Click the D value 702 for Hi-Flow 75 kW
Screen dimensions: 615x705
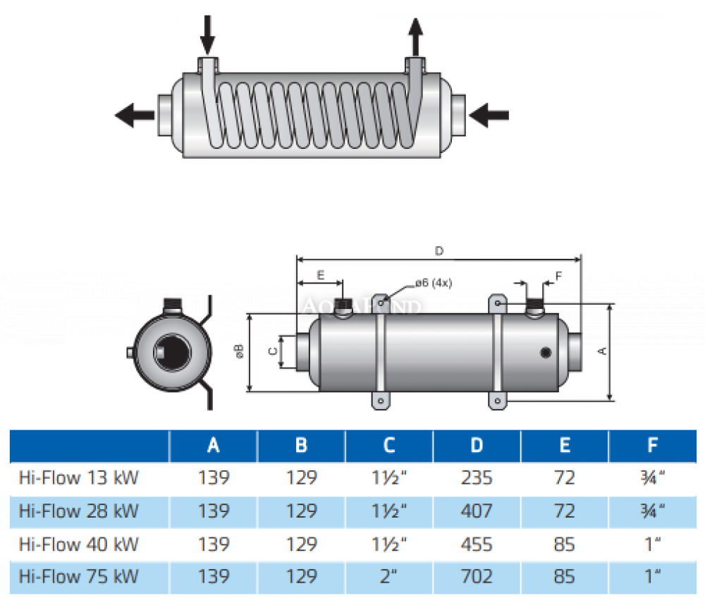477,576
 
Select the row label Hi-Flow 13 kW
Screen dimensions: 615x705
79,477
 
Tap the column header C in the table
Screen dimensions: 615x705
389,445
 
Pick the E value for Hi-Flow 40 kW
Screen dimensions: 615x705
565,544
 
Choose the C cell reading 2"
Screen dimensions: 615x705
389,576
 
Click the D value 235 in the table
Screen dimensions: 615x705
477,477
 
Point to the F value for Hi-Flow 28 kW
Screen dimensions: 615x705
653,511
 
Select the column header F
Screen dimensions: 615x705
653,445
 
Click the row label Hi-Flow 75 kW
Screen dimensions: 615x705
79,576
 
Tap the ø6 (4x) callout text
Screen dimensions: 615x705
433,282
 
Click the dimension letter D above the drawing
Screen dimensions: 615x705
439,250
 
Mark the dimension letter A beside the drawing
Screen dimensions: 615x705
602,351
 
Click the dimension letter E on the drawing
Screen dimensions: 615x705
321,275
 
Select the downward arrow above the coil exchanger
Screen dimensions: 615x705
207,33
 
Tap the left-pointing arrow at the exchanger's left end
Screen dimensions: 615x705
135,114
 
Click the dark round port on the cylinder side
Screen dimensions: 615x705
546,353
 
